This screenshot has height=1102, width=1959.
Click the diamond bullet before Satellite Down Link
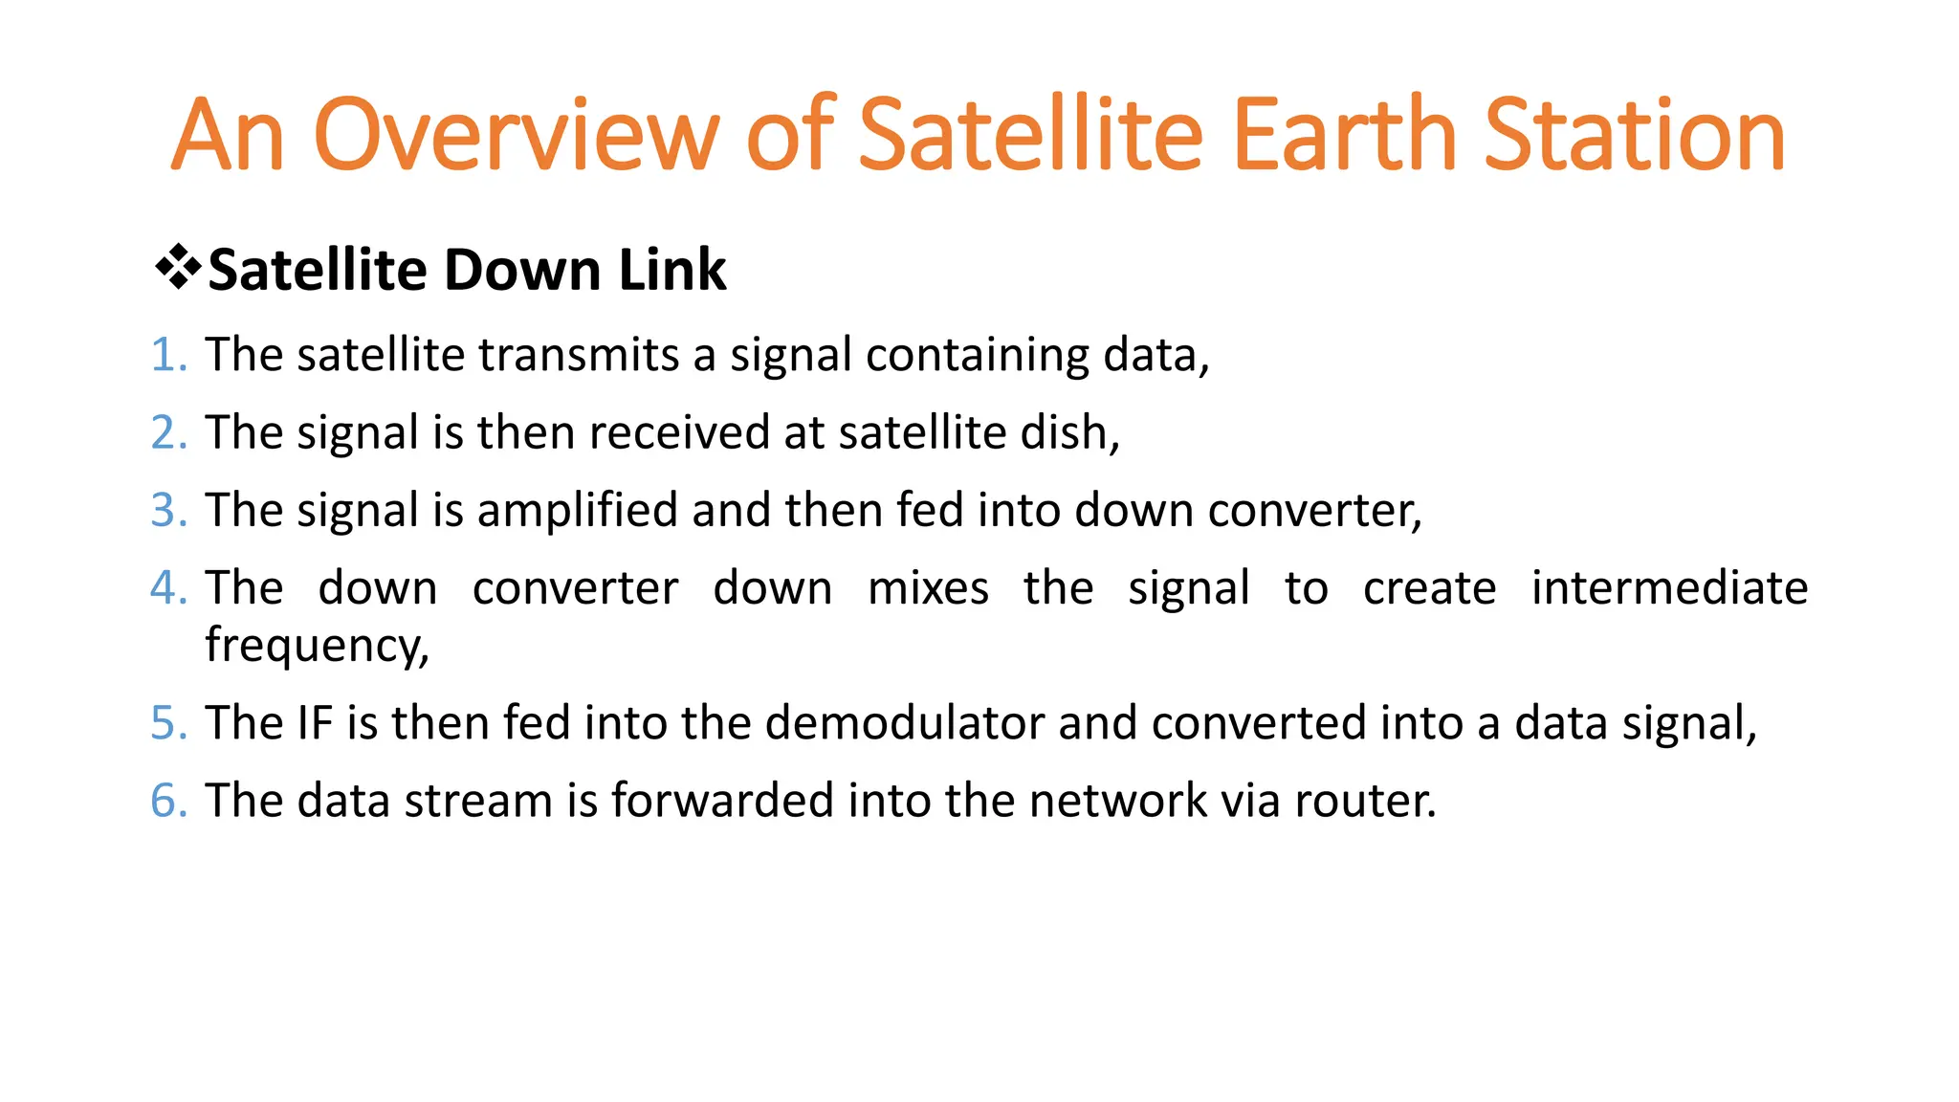pos(177,268)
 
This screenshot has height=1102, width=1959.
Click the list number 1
pos(167,355)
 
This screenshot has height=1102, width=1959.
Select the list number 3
pos(167,510)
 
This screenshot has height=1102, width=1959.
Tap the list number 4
pos(167,587)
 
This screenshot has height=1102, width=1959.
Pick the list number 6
pos(167,801)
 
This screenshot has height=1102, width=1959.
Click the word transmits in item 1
pos(579,355)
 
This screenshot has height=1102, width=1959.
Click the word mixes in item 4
pos(928,587)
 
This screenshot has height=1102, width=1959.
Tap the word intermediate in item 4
pos(1669,587)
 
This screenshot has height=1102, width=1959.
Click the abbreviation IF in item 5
pos(315,723)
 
